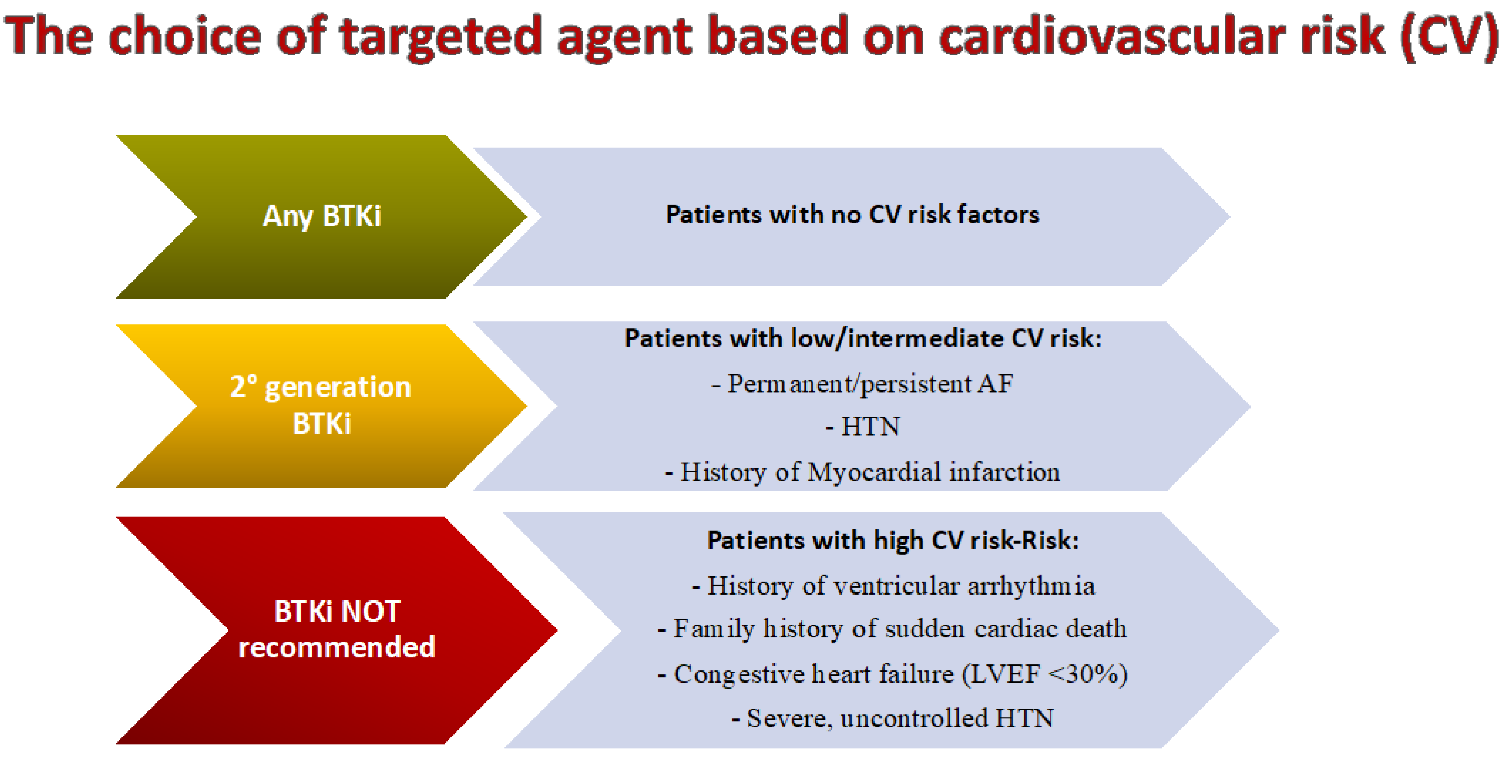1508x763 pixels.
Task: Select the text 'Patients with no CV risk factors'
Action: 852,215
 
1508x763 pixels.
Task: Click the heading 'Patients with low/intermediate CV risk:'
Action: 863,338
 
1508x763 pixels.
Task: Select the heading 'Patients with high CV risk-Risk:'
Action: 893,540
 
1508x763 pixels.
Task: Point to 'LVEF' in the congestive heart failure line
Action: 1005,674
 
